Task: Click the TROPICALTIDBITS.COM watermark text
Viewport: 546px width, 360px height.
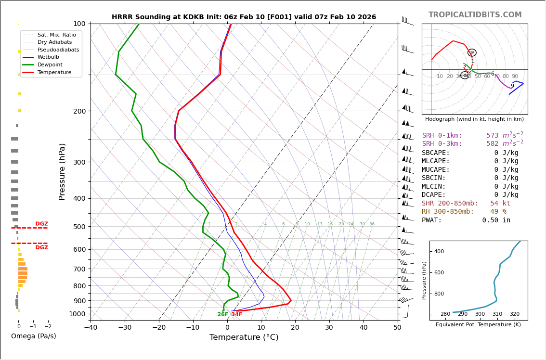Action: click(475, 15)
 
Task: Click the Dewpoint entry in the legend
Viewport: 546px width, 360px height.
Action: click(50, 64)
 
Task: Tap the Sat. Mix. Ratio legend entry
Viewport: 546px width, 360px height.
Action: click(56, 35)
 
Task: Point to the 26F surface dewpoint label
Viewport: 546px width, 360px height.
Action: click(223, 314)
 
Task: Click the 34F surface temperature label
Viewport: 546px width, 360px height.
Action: click(237, 314)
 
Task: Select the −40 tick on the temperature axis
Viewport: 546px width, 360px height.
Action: click(91, 328)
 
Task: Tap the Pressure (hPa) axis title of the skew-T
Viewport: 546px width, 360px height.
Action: click(62, 171)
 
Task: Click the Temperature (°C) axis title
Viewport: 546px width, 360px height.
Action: click(244, 337)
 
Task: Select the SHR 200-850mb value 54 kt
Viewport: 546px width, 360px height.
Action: click(500, 204)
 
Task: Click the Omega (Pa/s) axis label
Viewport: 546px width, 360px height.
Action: click(33, 336)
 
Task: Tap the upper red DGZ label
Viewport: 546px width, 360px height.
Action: click(41, 224)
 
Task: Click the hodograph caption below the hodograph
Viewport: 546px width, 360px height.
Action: click(474, 119)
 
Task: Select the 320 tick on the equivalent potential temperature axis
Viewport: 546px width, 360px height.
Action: click(514, 314)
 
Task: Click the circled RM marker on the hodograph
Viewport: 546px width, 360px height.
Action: click(465, 75)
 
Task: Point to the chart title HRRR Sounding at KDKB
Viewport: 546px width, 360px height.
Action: click(244, 17)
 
